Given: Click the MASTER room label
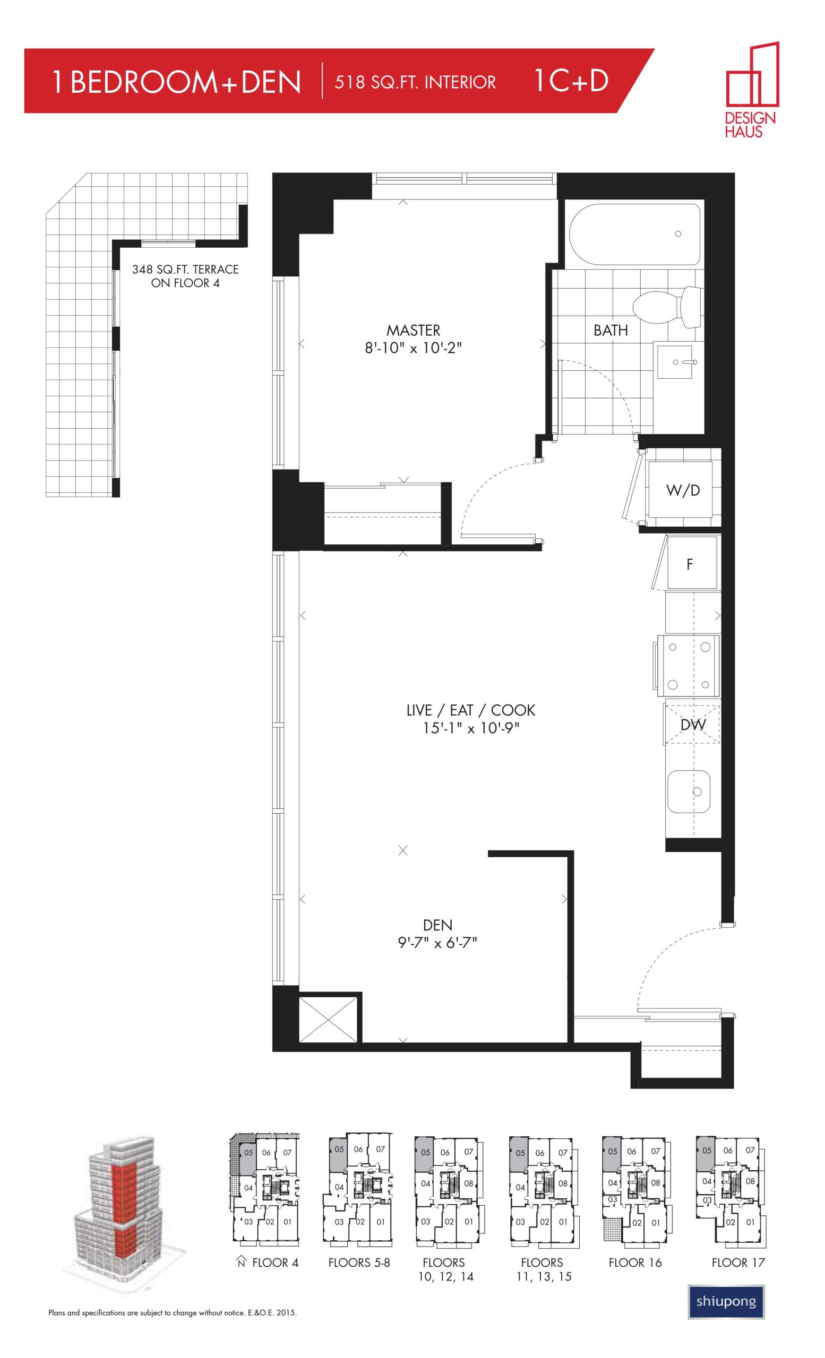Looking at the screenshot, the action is point(413,330).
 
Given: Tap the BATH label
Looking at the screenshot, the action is point(611,330).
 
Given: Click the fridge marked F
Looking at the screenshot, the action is point(692,563).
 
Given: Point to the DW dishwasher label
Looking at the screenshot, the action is point(693,724).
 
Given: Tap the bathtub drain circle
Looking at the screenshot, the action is point(678,234).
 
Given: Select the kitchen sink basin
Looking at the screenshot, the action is point(688,791).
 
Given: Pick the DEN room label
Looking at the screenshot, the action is point(437,924).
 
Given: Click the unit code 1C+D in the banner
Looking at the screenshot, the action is point(571,81).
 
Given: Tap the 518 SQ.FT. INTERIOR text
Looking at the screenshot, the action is point(415,82).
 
